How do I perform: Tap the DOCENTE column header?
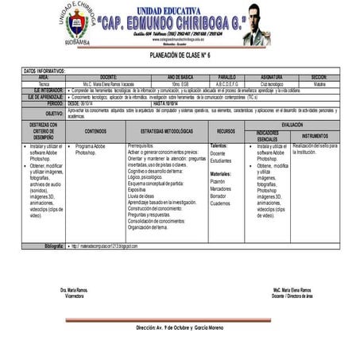tap(109, 77)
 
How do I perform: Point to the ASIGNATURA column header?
tap(273, 77)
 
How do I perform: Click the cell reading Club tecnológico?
tap(273, 83)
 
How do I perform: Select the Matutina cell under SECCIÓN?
tap(318, 83)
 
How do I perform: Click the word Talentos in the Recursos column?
tap(219, 146)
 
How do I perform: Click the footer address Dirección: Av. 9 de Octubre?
tap(180, 326)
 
